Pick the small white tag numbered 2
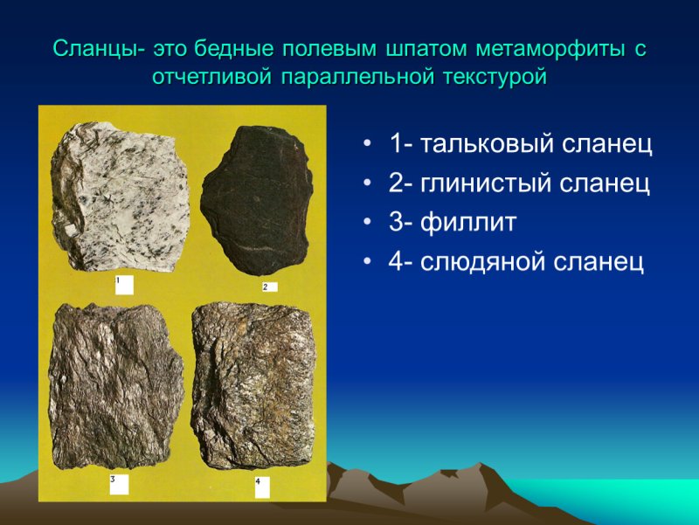tap(269, 287)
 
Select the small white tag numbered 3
tap(119, 484)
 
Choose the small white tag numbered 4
tap(264, 486)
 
